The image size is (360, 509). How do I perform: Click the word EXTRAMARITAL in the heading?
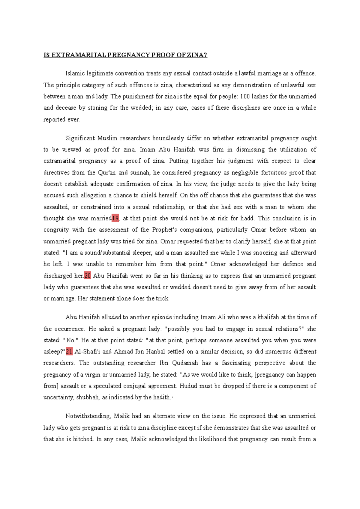pyautogui.click(x=79, y=55)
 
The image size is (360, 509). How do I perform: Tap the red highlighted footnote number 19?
pyautogui.click(x=115, y=218)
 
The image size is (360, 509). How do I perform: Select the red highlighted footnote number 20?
pyautogui.click(x=88, y=276)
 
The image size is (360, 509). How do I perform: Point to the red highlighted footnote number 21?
pyautogui.click(x=69, y=352)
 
